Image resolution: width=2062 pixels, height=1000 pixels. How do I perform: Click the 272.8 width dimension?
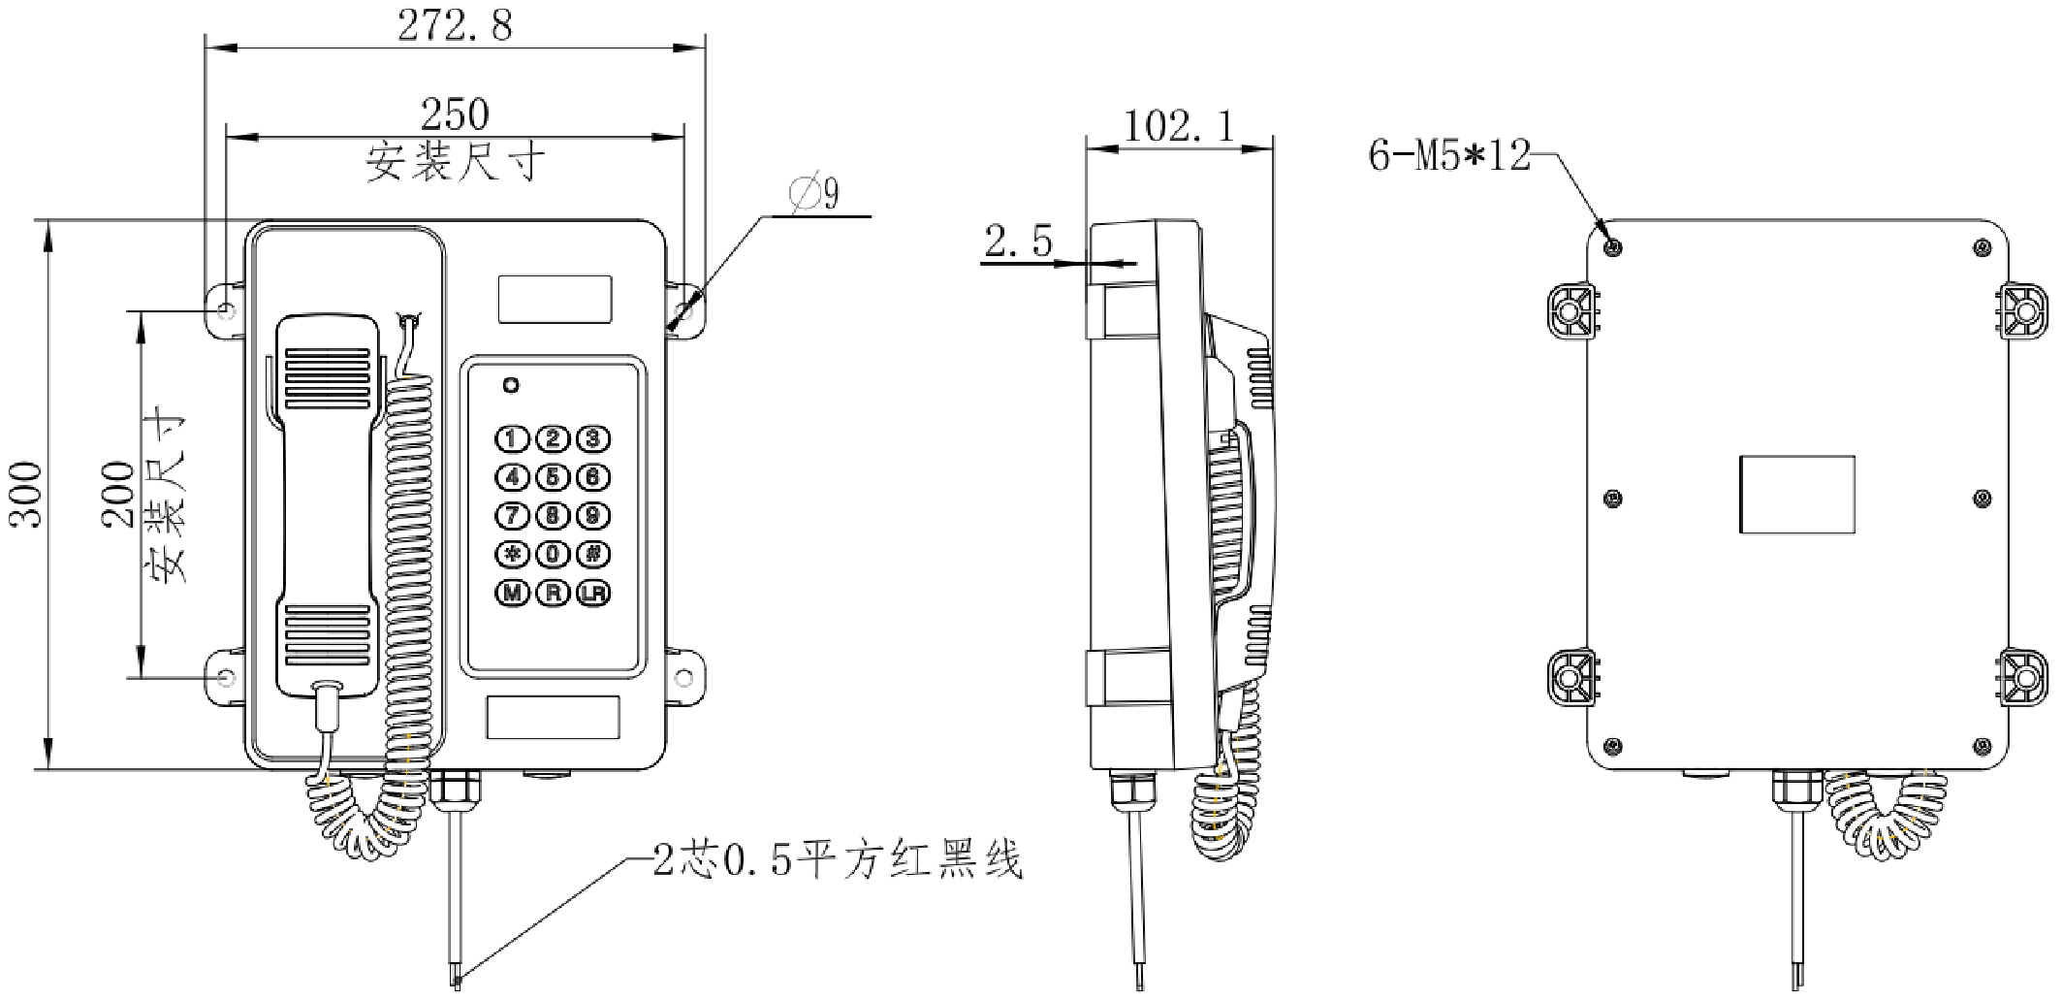pos(455,26)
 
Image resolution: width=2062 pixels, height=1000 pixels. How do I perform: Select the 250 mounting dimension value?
pos(455,115)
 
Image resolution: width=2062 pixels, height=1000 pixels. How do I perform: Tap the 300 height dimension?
pos(29,495)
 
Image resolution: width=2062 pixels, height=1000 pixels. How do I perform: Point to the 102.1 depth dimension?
pos(1179,126)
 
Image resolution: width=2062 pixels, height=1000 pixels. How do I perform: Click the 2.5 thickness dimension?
pos(1018,242)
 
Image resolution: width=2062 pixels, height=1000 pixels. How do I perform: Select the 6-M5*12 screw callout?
pos(1449,155)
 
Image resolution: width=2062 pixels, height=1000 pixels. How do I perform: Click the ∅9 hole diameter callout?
pos(816,195)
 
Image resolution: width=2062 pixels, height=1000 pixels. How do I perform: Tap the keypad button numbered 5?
pos(553,477)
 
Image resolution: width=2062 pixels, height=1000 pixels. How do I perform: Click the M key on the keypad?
pos(513,593)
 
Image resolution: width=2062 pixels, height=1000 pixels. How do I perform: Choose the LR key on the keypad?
pos(593,593)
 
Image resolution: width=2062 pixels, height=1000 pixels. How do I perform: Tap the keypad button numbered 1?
pos(513,439)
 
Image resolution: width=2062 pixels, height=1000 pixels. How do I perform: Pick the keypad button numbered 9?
pos(593,516)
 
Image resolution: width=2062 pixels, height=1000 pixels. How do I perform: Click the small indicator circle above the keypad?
pos(511,385)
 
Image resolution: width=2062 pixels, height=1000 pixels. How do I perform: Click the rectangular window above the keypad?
pos(555,299)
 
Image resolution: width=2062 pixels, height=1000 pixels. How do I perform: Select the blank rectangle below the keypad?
pos(553,717)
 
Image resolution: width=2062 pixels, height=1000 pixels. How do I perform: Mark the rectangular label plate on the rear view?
pos(1796,494)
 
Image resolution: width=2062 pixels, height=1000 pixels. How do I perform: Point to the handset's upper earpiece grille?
pos(326,378)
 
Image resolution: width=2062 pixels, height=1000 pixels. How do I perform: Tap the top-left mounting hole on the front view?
pos(225,310)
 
